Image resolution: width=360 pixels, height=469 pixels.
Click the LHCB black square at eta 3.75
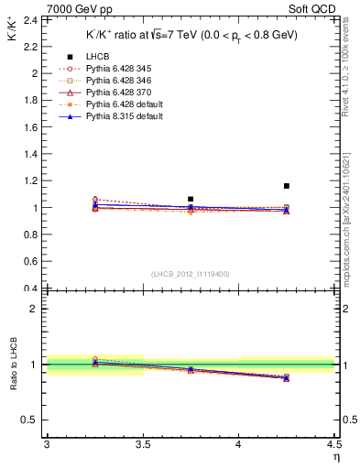point(191,199)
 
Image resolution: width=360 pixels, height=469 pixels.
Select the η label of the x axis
point(336,457)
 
